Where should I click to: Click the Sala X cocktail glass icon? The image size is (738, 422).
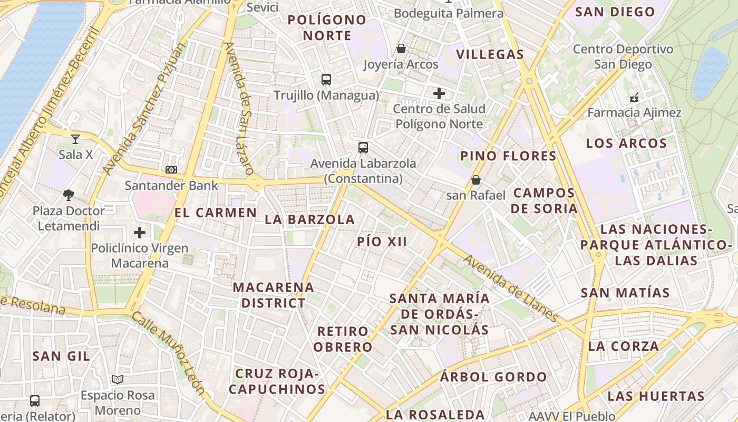tap(75, 139)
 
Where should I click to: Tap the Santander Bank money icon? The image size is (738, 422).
tap(171, 170)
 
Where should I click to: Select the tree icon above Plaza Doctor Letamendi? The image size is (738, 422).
tap(69, 195)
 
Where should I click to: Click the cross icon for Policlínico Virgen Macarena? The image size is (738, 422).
tap(140, 232)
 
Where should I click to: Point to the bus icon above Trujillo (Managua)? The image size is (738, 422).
tap(326, 80)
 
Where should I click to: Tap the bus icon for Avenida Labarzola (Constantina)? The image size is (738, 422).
tap(363, 148)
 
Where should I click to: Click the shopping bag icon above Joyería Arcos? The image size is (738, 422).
tap(401, 49)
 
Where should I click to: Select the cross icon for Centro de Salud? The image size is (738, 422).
tap(439, 94)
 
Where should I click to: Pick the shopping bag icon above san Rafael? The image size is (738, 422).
tap(476, 180)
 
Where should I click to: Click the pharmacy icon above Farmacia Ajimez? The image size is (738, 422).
tap(634, 97)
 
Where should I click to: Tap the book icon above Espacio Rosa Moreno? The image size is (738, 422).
tap(118, 379)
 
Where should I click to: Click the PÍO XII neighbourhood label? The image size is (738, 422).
tap(382, 242)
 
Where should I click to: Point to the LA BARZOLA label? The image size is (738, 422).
tap(309, 219)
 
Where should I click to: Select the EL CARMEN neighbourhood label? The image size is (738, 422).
tap(216, 213)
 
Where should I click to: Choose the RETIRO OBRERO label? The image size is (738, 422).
tap(344, 339)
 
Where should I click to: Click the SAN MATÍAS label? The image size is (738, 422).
tap(625, 293)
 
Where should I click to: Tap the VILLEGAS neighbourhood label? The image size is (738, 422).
tap(490, 54)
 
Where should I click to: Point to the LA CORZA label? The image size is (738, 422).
tap(623, 347)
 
